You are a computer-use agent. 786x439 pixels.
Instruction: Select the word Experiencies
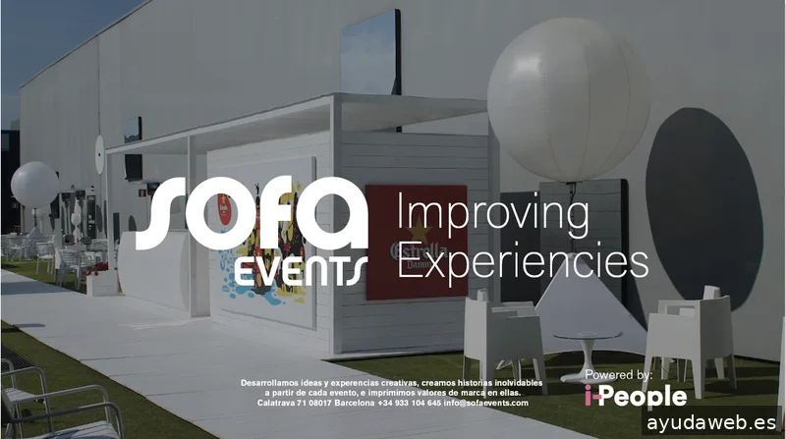[x=523, y=261]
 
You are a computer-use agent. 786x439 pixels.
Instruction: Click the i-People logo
[x=635, y=396]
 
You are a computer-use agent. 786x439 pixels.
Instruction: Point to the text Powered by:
[x=619, y=374]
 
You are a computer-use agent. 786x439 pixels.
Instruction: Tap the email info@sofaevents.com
[x=486, y=403]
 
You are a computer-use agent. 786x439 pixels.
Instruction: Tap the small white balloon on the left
[x=34, y=185]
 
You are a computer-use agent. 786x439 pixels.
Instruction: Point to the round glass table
[x=587, y=340]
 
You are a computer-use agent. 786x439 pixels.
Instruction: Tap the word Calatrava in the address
[x=279, y=403]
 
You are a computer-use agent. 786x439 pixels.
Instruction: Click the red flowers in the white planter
[x=96, y=268]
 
